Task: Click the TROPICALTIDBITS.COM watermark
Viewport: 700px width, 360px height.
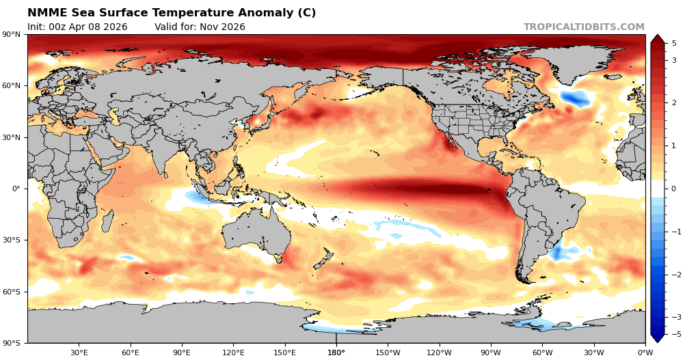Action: tap(584, 27)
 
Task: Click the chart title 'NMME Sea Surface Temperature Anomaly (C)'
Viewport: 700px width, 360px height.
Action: tap(172, 13)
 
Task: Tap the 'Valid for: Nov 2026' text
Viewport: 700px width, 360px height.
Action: tap(200, 27)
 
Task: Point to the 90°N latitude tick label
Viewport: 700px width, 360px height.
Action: tap(13, 35)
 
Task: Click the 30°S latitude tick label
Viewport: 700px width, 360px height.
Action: tap(13, 240)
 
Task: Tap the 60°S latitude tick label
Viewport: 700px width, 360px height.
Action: tap(13, 292)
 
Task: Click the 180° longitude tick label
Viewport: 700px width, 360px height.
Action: tap(336, 352)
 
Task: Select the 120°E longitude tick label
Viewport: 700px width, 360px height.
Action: tap(233, 352)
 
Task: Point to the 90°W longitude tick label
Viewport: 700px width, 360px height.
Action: tap(490, 352)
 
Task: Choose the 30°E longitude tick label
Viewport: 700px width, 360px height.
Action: tap(79, 352)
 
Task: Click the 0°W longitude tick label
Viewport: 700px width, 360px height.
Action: tap(645, 352)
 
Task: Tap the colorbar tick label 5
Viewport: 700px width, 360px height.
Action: tap(674, 43)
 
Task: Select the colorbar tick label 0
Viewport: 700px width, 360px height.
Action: tap(674, 189)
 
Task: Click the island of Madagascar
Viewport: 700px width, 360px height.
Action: tap(107, 221)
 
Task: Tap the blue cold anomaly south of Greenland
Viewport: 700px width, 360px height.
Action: tap(575, 99)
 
